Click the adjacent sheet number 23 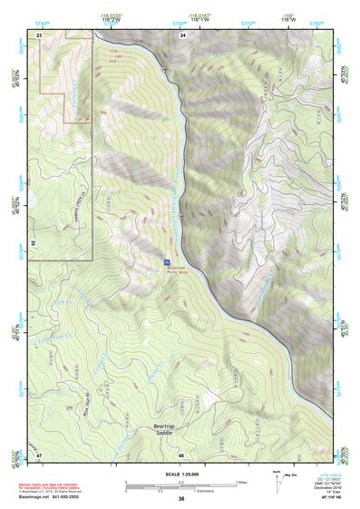(39, 34)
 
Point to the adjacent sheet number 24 (182, 34)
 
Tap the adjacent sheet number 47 (39, 454)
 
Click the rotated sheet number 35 (32, 243)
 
